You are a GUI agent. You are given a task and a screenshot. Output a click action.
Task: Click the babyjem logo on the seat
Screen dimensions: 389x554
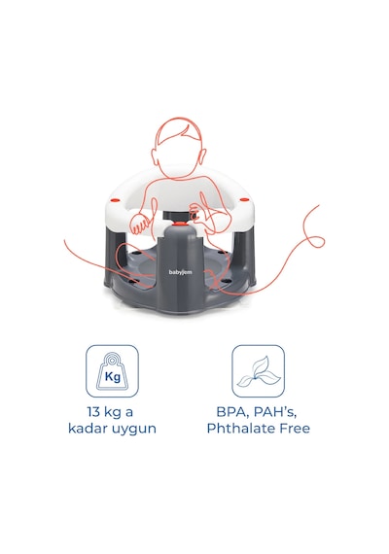tap(180, 272)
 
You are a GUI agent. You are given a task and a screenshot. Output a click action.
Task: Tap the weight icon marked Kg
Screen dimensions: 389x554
tap(112, 371)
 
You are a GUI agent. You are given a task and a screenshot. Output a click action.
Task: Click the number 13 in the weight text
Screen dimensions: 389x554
tap(93, 412)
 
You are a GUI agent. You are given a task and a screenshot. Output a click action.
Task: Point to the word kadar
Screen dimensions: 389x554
tap(88, 429)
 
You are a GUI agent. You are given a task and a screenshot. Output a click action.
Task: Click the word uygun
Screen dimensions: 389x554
tap(134, 430)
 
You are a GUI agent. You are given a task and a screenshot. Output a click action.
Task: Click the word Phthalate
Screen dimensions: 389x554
tap(241, 429)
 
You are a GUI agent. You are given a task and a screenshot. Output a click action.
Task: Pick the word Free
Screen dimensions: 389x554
tap(295, 429)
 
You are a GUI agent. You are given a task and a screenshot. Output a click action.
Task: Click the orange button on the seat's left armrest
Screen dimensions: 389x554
tap(115, 200)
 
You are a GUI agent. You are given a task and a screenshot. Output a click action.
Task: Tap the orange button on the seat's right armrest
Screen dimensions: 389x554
tap(244, 199)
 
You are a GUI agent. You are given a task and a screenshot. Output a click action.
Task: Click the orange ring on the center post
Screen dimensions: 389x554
tap(180, 224)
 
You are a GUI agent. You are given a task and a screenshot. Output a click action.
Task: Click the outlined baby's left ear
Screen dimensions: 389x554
tap(155, 156)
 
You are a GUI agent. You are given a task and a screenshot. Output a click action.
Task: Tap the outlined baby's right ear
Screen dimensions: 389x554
tap(203, 156)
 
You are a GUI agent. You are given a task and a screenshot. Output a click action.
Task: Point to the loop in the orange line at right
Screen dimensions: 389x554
tap(316, 242)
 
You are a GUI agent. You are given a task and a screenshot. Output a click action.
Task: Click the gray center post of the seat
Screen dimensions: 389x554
tap(180, 268)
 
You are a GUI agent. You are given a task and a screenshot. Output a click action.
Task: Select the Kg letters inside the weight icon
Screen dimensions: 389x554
tap(113, 377)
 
